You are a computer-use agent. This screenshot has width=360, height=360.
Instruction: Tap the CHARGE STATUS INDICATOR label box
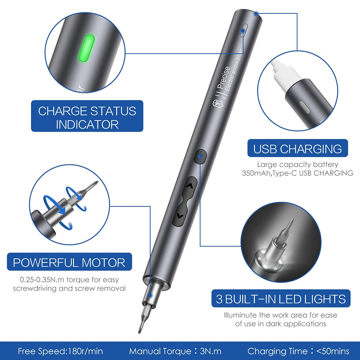point(87,117)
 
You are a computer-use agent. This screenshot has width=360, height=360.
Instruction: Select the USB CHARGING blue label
point(297,148)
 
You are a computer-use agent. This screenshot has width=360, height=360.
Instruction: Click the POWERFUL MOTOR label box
point(69,262)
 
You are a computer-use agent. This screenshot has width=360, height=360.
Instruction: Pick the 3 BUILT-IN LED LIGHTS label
point(281,299)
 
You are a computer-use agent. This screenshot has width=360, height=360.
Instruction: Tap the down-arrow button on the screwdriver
point(180,216)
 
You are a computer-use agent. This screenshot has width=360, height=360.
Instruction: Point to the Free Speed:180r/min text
point(60,351)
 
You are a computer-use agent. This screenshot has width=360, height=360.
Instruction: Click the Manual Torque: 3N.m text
point(175,351)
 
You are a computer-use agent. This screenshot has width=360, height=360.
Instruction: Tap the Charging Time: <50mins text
point(298,351)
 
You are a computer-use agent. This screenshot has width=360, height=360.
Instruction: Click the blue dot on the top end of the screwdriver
point(256,14)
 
